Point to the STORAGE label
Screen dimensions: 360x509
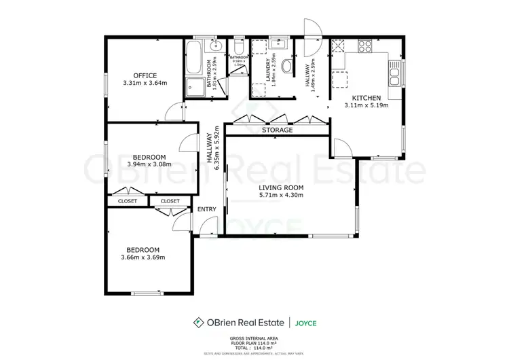(278, 130)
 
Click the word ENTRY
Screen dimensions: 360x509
(206, 209)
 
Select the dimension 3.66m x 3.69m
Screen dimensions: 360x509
(143, 257)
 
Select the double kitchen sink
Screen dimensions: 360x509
(394, 70)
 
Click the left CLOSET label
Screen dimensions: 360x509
(127, 201)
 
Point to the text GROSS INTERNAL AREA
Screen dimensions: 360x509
(254, 338)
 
